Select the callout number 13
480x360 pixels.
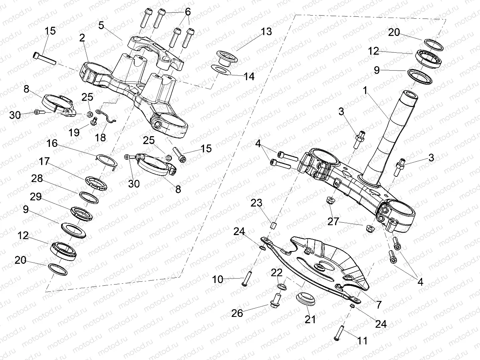point(266,32)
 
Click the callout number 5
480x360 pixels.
point(101,25)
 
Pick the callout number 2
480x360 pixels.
point(82,38)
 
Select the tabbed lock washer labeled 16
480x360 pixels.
point(107,160)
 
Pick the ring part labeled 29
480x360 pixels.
point(82,212)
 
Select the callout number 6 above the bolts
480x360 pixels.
point(187,12)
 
